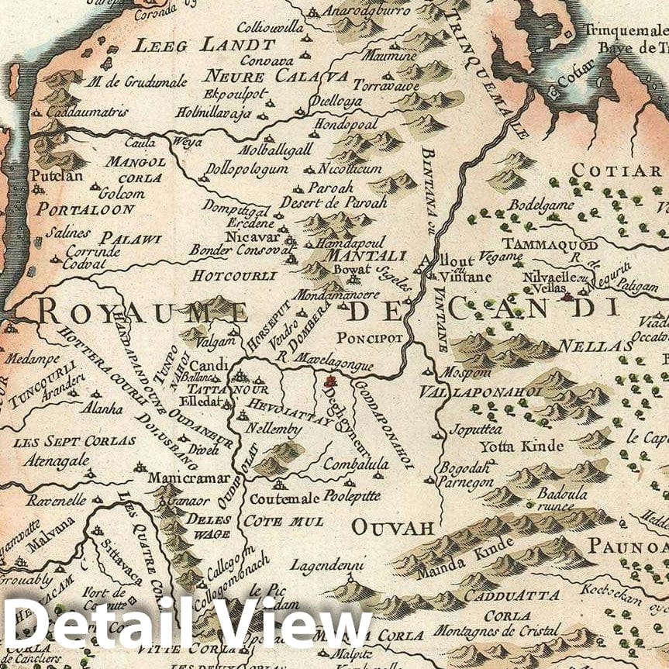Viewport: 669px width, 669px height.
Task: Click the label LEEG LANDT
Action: coord(205,45)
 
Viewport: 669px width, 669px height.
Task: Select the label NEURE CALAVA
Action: coord(276,76)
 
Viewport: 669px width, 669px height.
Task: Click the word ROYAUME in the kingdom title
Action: coord(142,311)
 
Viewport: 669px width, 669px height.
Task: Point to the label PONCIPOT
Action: coord(370,338)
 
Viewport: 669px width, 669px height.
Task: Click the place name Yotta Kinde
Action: coord(512,447)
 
